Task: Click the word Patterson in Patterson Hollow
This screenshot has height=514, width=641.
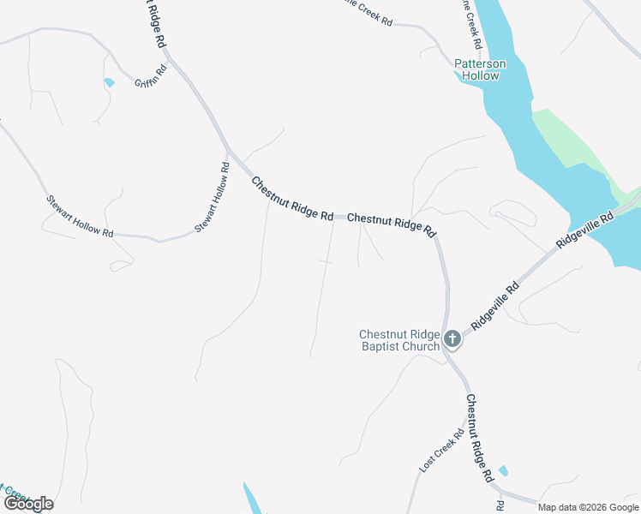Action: [x=480, y=63]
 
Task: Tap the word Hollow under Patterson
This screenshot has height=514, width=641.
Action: [x=480, y=75]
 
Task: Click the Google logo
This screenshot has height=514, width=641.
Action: [x=28, y=503]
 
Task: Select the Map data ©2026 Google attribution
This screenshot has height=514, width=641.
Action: [x=588, y=507]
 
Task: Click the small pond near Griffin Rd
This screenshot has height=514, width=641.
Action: [x=109, y=83]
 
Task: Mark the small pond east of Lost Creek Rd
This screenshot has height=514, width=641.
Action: [x=502, y=470]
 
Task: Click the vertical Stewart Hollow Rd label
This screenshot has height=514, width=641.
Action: [x=212, y=198]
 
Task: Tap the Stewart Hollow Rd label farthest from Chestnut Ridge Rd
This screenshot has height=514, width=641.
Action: [x=79, y=216]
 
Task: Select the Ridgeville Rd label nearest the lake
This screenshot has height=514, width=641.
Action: [x=584, y=231]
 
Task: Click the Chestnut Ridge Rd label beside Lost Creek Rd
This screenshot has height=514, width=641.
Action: [x=479, y=437]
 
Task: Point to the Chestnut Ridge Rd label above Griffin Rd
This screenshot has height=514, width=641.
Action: [x=154, y=23]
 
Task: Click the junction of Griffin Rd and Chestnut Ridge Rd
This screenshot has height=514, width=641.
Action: [x=168, y=54]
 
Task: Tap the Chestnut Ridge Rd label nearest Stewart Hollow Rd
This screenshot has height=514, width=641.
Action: [x=292, y=200]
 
